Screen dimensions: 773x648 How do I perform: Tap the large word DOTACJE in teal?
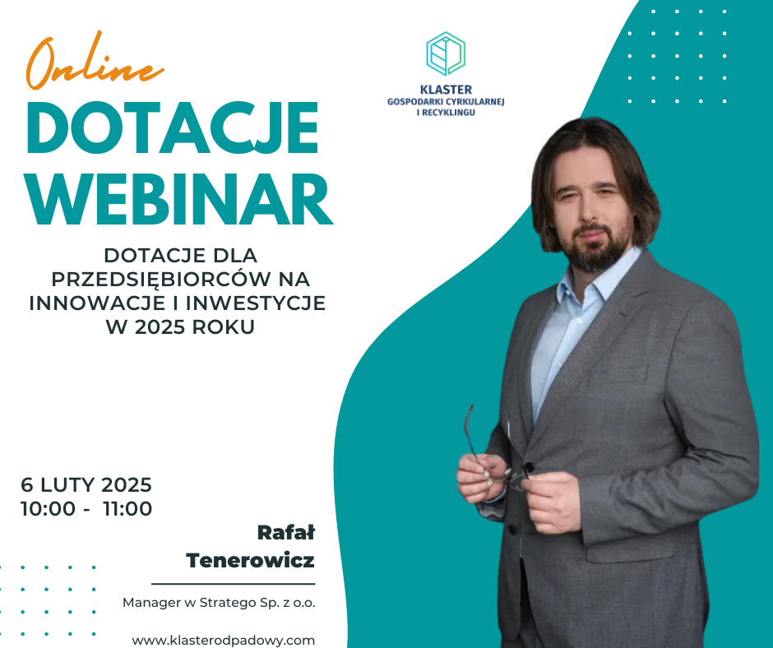173,129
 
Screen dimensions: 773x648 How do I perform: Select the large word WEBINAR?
179,200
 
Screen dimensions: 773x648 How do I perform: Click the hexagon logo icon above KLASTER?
446,53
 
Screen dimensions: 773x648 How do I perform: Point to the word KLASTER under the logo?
446,90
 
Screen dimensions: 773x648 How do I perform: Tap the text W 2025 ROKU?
180,327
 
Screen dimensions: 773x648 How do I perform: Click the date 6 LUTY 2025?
86,485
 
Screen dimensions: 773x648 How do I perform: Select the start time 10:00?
48,508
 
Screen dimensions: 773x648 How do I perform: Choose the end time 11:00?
127,508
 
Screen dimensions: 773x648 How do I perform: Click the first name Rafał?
286,533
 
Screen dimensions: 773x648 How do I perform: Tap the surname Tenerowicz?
251,560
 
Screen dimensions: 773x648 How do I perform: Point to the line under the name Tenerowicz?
234,584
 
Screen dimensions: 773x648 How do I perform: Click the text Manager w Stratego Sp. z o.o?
219,603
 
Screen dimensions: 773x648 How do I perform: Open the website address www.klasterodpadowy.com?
224,640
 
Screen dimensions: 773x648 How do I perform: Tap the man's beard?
595,249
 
